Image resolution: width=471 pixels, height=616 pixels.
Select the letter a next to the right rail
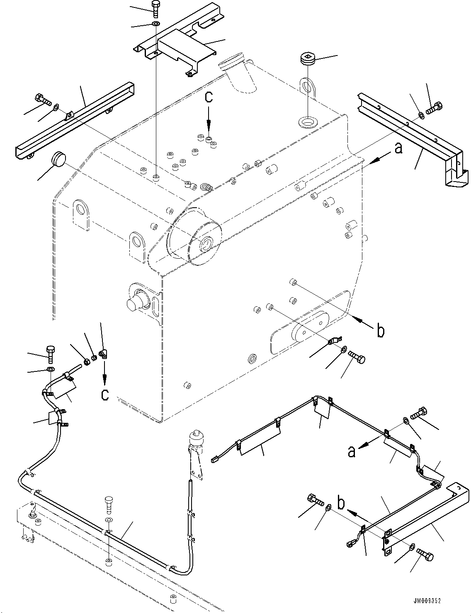(x=398, y=148)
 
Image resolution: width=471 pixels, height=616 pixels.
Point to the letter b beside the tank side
(x=381, y=331)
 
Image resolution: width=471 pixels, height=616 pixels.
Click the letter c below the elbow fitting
(x=105, y=394)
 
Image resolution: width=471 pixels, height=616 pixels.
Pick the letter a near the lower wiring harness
(x=351, y=451)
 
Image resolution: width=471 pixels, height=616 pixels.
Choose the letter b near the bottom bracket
(x=341, y=503)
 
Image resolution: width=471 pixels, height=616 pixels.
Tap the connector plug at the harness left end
(x=215, y=459)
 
